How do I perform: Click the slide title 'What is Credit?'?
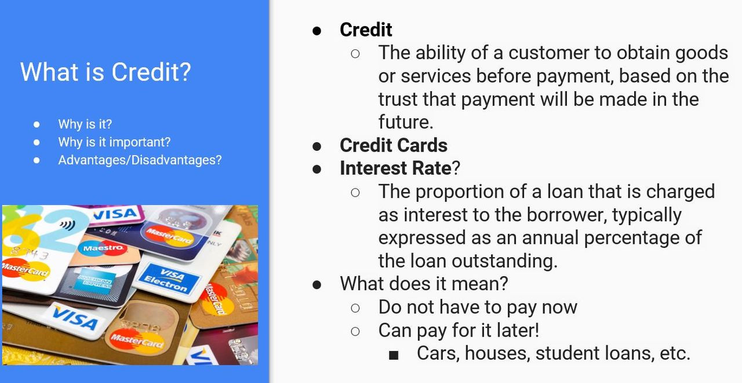tap(106, 72)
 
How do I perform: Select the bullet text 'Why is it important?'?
tap(114, 142)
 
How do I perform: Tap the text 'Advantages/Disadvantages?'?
tap(140, 160)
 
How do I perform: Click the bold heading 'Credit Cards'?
tap(394, 145)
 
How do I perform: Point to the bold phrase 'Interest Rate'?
tap(395, 168)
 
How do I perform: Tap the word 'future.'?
tap(406, 122)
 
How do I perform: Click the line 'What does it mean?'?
tap(424, 284)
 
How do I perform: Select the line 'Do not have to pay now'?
tap(478, 307)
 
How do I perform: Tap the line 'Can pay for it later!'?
tap(459, 330)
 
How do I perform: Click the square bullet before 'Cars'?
tap(394, 355)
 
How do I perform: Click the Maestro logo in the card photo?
tap(103, 248)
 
